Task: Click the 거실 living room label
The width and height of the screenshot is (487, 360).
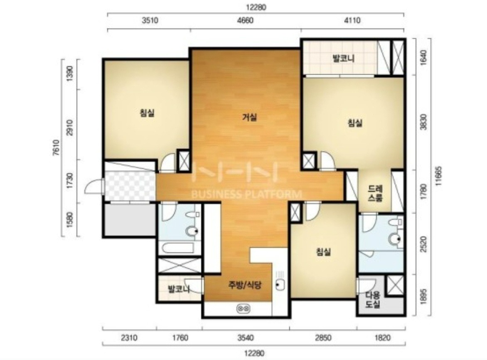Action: [x=250, y=118]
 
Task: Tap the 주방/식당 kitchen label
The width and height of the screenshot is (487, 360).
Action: [x=245, y=284]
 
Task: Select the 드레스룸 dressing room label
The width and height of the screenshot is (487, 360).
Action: [x=375, y=193]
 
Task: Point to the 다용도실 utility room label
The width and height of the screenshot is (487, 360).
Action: [x=373, y=299]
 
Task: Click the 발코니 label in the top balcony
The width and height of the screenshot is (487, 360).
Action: [x=344, y=59]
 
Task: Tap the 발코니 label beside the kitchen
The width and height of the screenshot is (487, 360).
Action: [x=179, y=289]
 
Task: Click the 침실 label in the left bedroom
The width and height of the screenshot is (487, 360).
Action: [x=147, y=113]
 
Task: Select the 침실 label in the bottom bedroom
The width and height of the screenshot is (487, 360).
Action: [x=323, y=252]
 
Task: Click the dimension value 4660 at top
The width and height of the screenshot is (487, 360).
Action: [x=245, y=20]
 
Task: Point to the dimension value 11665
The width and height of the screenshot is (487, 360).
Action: [x=438, y=176]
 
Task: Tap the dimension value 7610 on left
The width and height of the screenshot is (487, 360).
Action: [x=56, y=148]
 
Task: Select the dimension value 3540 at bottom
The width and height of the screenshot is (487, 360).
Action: [x=246, y=337]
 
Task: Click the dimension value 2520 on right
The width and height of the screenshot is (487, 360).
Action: [x=423, y=244]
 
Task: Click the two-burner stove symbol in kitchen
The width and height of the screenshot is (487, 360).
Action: [x=243, y=309]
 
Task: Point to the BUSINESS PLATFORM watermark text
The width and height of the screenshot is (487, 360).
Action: [x=246, y=195]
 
